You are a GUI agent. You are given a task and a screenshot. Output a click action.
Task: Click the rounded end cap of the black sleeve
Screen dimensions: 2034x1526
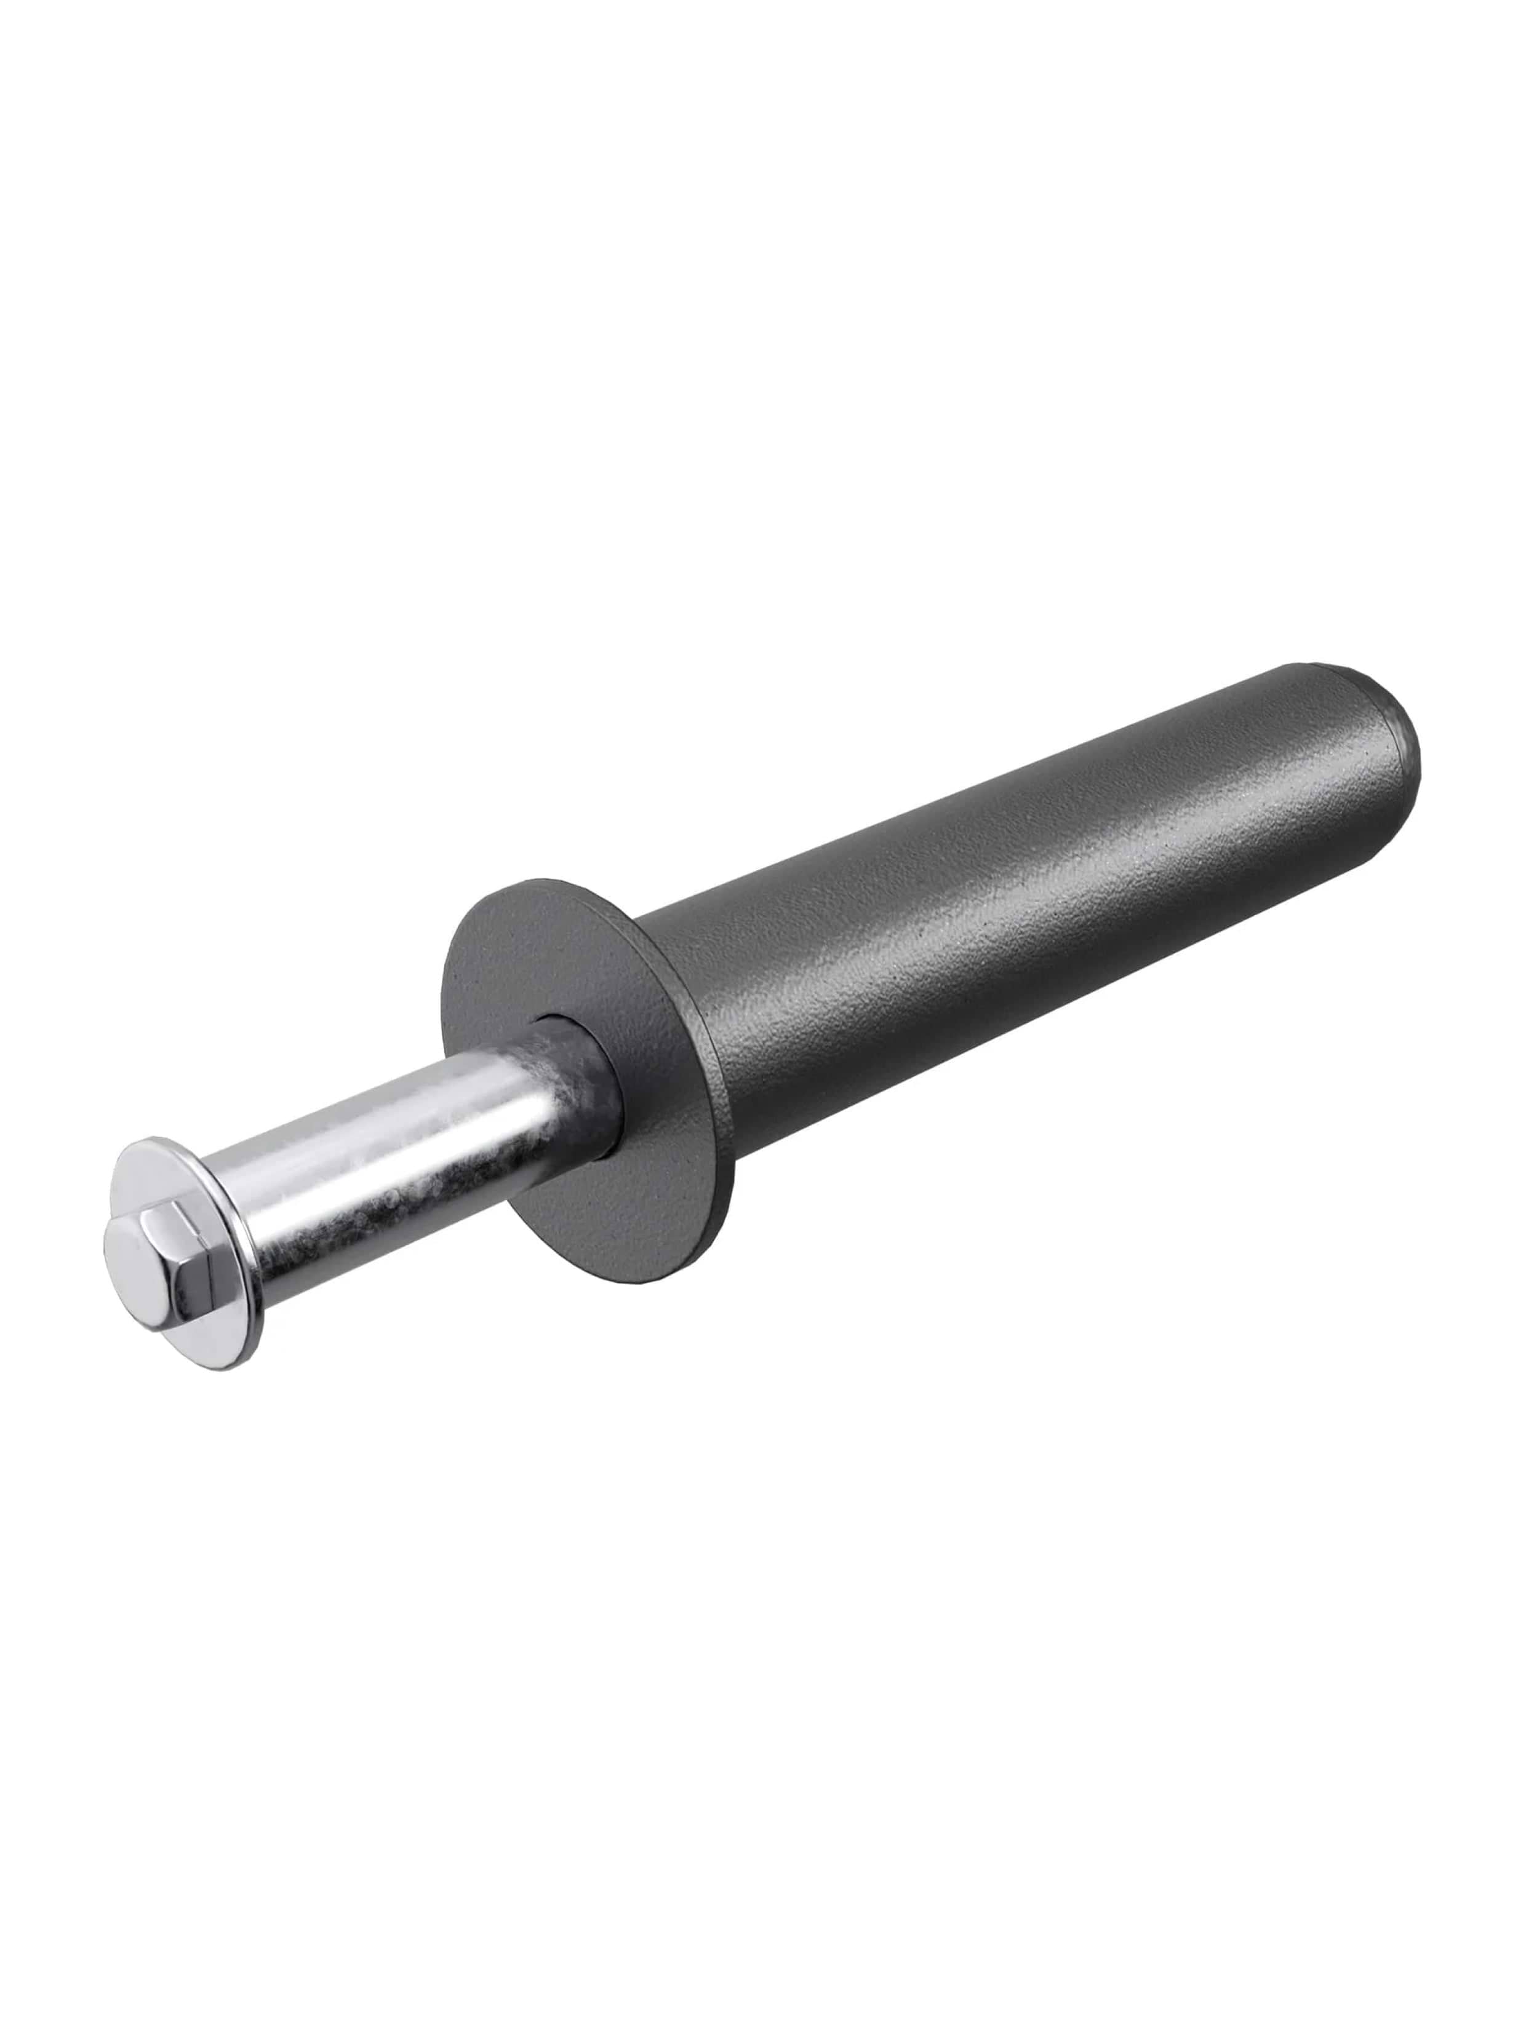[x=1380, y=726]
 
